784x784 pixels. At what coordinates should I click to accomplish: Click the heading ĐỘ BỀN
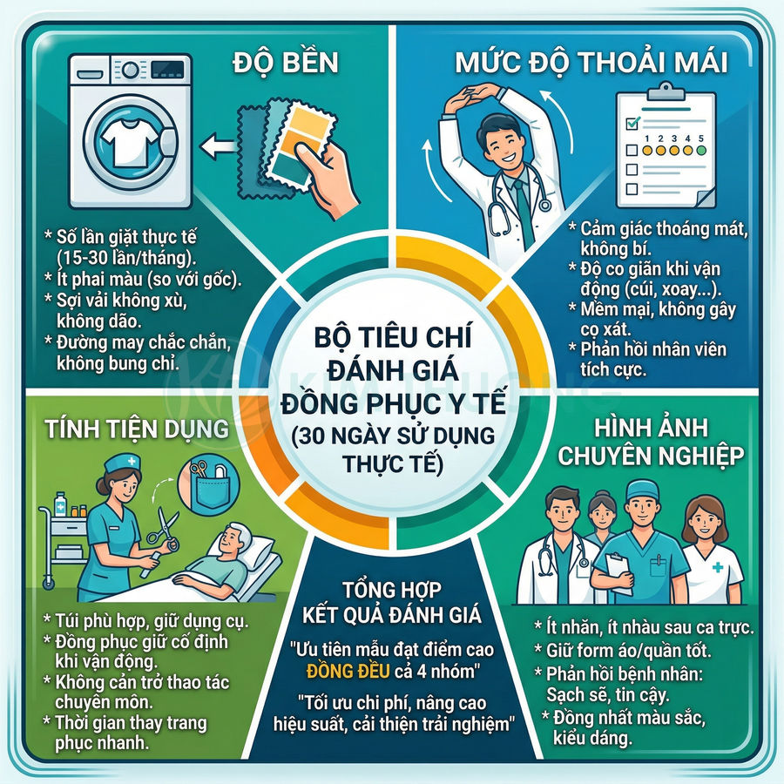pos(287,65)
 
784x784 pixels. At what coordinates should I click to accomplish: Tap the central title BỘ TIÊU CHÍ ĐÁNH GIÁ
pos(391,348)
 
